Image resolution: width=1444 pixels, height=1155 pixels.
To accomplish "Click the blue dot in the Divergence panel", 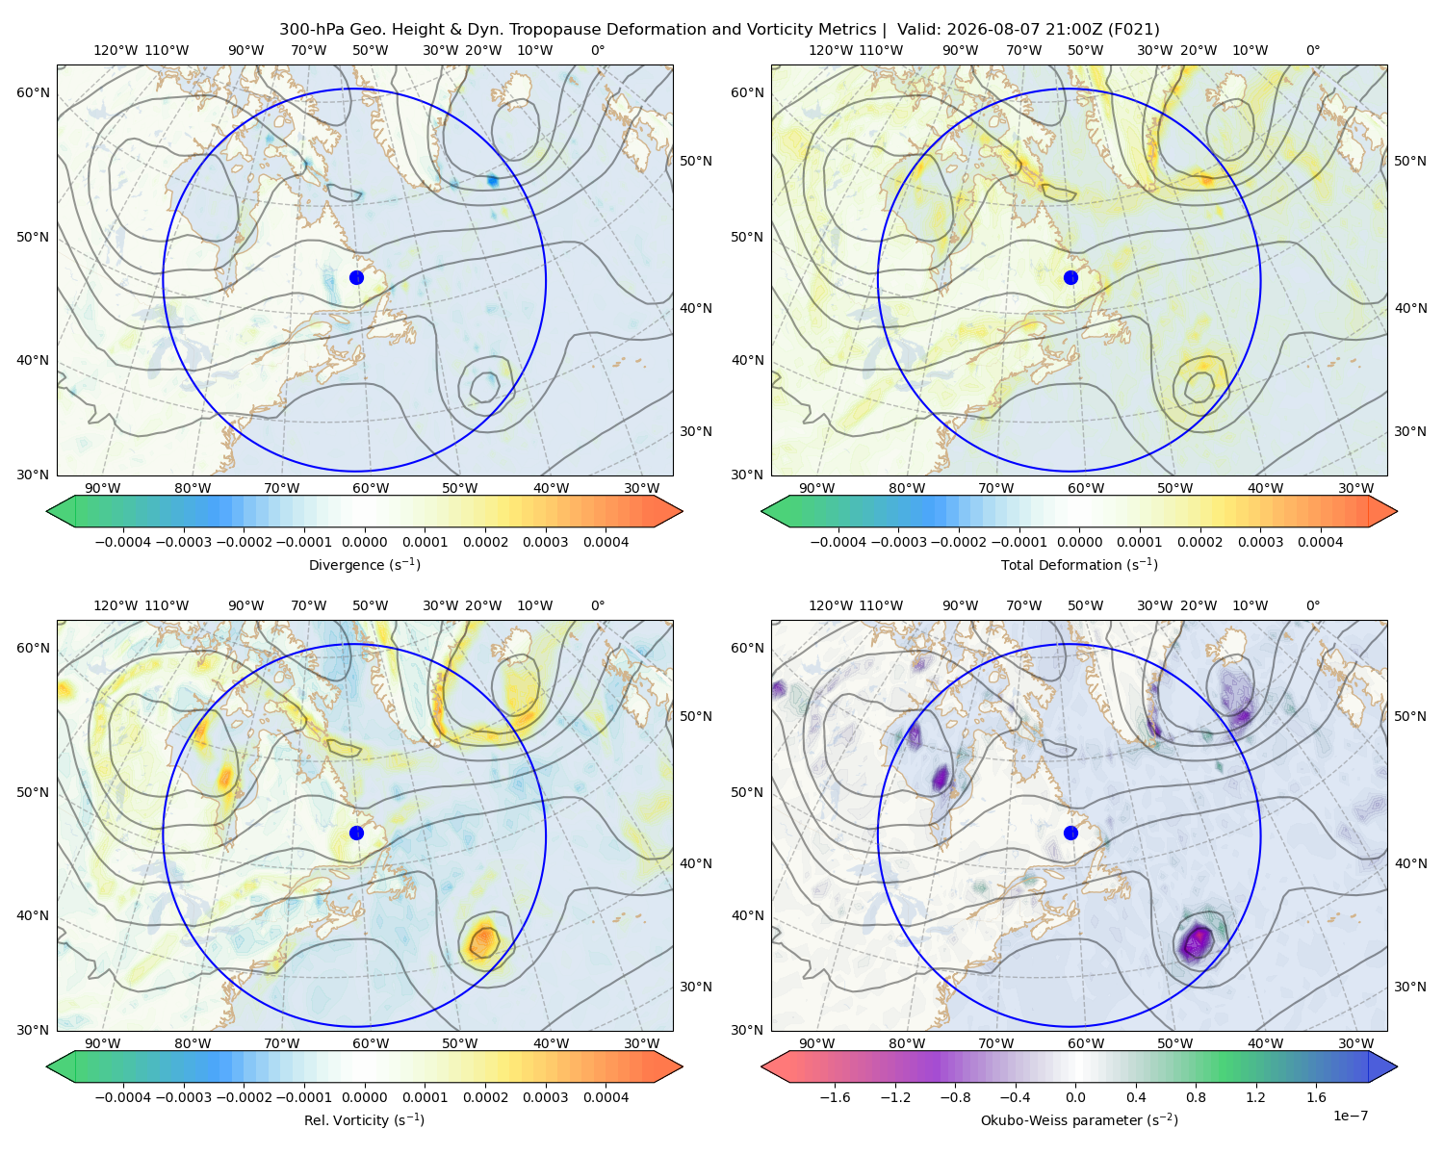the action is (356, 277).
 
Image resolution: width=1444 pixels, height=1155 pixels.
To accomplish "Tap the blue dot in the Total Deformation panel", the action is (1070, 277).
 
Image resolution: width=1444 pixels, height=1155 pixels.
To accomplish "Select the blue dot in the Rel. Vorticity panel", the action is (356, 833).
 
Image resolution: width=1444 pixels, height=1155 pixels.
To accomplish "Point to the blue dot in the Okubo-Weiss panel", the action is (1070, 833).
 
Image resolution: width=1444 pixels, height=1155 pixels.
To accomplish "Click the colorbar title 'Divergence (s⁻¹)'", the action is (364, 564).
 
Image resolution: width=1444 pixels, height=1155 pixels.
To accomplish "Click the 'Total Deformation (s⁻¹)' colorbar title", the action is (1079, 564).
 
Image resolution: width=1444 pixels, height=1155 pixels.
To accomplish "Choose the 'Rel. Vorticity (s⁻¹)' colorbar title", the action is (364, 1119).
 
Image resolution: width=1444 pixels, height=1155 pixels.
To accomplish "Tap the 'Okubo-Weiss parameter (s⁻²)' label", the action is (1079, 1119).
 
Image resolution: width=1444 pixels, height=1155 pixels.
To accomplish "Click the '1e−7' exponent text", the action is (1350, 1116).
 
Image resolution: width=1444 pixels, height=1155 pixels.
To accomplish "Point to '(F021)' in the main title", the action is (1134, 30).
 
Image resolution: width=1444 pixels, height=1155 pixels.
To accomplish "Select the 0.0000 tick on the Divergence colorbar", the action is (364, 542).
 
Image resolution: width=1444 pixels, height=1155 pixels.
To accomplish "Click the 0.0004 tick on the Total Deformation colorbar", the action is (1320, 542).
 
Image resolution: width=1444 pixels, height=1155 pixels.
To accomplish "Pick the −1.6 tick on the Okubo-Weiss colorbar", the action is (835, 1097).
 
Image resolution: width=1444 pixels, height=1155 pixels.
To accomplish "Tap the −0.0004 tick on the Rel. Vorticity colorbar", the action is (123, 1097).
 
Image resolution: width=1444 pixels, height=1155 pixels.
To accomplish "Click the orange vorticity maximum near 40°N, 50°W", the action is (484, 941).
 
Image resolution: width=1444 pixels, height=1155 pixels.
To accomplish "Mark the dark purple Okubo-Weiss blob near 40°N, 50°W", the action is (1198, 942).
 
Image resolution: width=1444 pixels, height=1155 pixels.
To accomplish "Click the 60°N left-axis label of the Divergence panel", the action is (33, 92).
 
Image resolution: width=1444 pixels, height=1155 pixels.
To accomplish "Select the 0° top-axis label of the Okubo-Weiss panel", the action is (1312, 605).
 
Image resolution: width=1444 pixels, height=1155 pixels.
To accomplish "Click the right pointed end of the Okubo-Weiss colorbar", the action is (1397, 1066).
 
